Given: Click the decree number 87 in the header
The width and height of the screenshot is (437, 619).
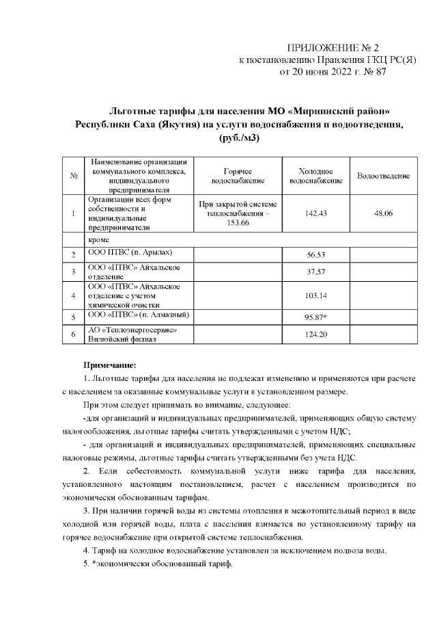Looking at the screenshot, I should pos(380,72).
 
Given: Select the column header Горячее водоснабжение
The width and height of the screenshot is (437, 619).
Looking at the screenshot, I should pos(238,176).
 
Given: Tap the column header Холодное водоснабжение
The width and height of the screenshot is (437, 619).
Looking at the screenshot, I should pos(315,176).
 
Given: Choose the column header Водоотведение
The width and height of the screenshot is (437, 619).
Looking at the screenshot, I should pos(383,176).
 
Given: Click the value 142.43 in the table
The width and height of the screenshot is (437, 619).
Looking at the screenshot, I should pos(315,213).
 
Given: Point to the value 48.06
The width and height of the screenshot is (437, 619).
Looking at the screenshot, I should pos(383,213).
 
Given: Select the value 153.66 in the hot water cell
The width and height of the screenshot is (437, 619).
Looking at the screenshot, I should pos(237,223).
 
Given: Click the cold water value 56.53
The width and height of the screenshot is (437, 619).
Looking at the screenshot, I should pos(315,254).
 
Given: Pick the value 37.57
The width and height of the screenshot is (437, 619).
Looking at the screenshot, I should pos(315,272).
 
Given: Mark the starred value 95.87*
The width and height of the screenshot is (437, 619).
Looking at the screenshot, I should pos(316,317).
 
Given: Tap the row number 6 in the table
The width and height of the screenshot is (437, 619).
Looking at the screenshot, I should pos(72,334).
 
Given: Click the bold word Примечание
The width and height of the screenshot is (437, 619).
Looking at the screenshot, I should pos(110,365).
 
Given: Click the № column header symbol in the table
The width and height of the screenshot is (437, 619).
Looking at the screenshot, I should pos(72,176).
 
